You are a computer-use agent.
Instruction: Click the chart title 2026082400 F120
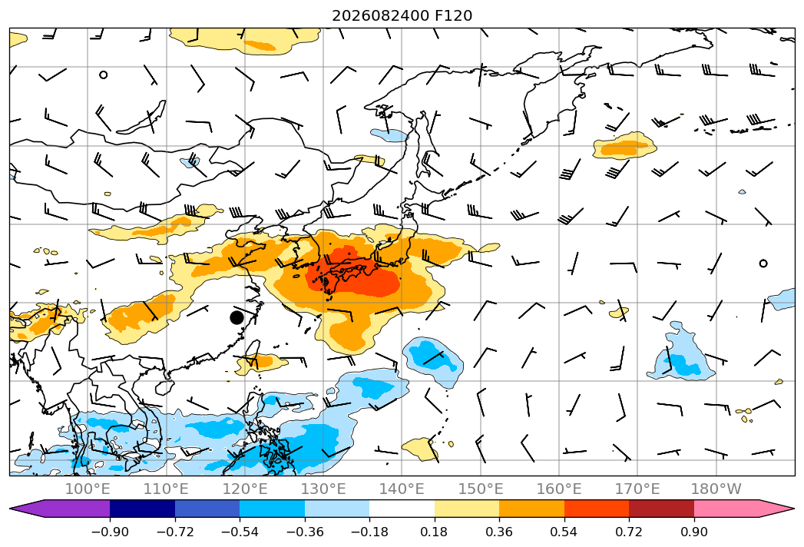click(402, 15)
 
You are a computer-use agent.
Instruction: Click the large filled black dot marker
click(237, 317)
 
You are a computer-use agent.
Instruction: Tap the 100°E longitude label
click(88, 489)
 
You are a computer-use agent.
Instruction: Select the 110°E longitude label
click(166, 489)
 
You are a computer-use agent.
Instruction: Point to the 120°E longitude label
click(245, 489)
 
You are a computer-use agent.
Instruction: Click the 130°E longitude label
click(323, 489)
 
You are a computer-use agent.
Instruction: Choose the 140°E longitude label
click(402, 489)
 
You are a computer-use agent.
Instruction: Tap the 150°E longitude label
click(481, 489)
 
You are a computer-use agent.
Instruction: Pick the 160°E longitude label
click(559, 489)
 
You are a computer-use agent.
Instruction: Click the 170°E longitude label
click(637, 489)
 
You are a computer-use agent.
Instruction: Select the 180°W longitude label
click(716, 489)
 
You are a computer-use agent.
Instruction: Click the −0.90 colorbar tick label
click(110, 532)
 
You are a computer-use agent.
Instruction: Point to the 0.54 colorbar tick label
click(564, 532)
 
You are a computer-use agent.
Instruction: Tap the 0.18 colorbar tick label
click(435, 532)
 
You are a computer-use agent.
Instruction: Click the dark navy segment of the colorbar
click(143, 509)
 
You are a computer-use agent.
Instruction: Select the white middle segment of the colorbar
click(402, 509)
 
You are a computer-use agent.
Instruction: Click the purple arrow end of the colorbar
click(60, 509)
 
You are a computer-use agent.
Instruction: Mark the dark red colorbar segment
click(661, 509)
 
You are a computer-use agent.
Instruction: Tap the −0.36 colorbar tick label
click(305, 532)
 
